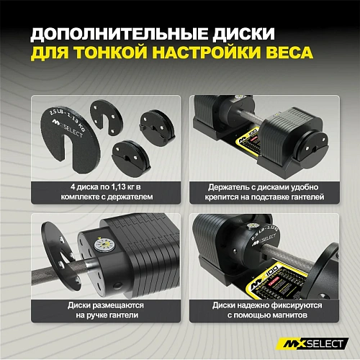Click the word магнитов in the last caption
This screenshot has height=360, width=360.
pyautogui.click(x=292, y=315)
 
